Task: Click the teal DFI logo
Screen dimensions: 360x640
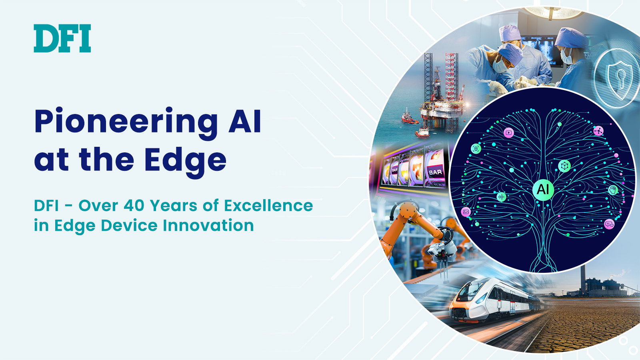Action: (62, 38)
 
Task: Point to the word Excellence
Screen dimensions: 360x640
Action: (268, 206)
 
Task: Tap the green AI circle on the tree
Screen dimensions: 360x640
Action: (543, 189)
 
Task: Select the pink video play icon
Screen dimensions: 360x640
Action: (508, 132)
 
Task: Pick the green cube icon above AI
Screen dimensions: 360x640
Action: (564, 166)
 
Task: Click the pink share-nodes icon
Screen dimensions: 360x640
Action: (598, 131)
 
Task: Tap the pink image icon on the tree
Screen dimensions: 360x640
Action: (466, 212)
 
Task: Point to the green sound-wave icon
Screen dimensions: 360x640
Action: (501, 196)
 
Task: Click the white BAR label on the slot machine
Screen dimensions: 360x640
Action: (435, 172)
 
